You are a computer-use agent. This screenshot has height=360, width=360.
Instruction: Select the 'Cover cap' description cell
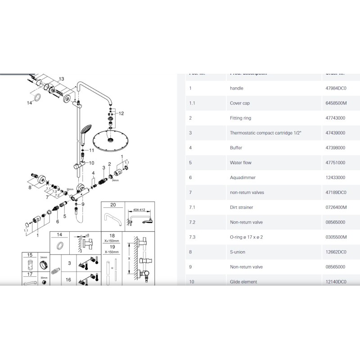click(x=240, y=103)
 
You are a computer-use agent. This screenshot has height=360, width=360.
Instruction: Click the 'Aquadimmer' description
click(x=240, y=178)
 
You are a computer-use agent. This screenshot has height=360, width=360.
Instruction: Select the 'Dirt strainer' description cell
click(x=241, y=207)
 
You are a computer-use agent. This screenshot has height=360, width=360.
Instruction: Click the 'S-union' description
click(x=237, y=252)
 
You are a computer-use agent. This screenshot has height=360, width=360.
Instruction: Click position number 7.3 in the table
click(x=192, y=237)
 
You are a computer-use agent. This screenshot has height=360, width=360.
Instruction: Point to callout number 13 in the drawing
click(x=62, y=78)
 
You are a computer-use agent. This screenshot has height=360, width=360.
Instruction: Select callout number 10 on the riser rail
click(x=91, y=163)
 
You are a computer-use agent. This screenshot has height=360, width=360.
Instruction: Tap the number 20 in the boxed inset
click(x=113, y=205)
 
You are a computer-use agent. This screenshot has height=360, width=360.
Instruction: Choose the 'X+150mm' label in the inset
click(x=113, y=241)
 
